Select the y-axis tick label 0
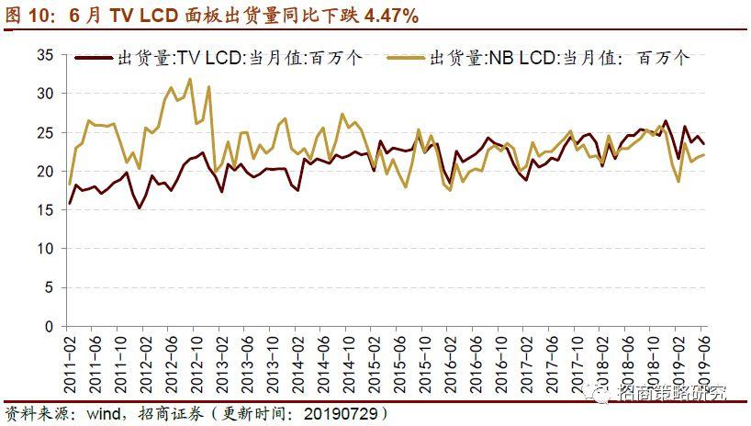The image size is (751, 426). (x=50, y=327)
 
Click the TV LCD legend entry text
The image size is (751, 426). (x=240, y=57)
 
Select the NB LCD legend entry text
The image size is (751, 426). (x=557, y=57)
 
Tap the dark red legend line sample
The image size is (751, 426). (x=93, y=57)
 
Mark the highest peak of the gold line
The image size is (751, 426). (x=190, y=79)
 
